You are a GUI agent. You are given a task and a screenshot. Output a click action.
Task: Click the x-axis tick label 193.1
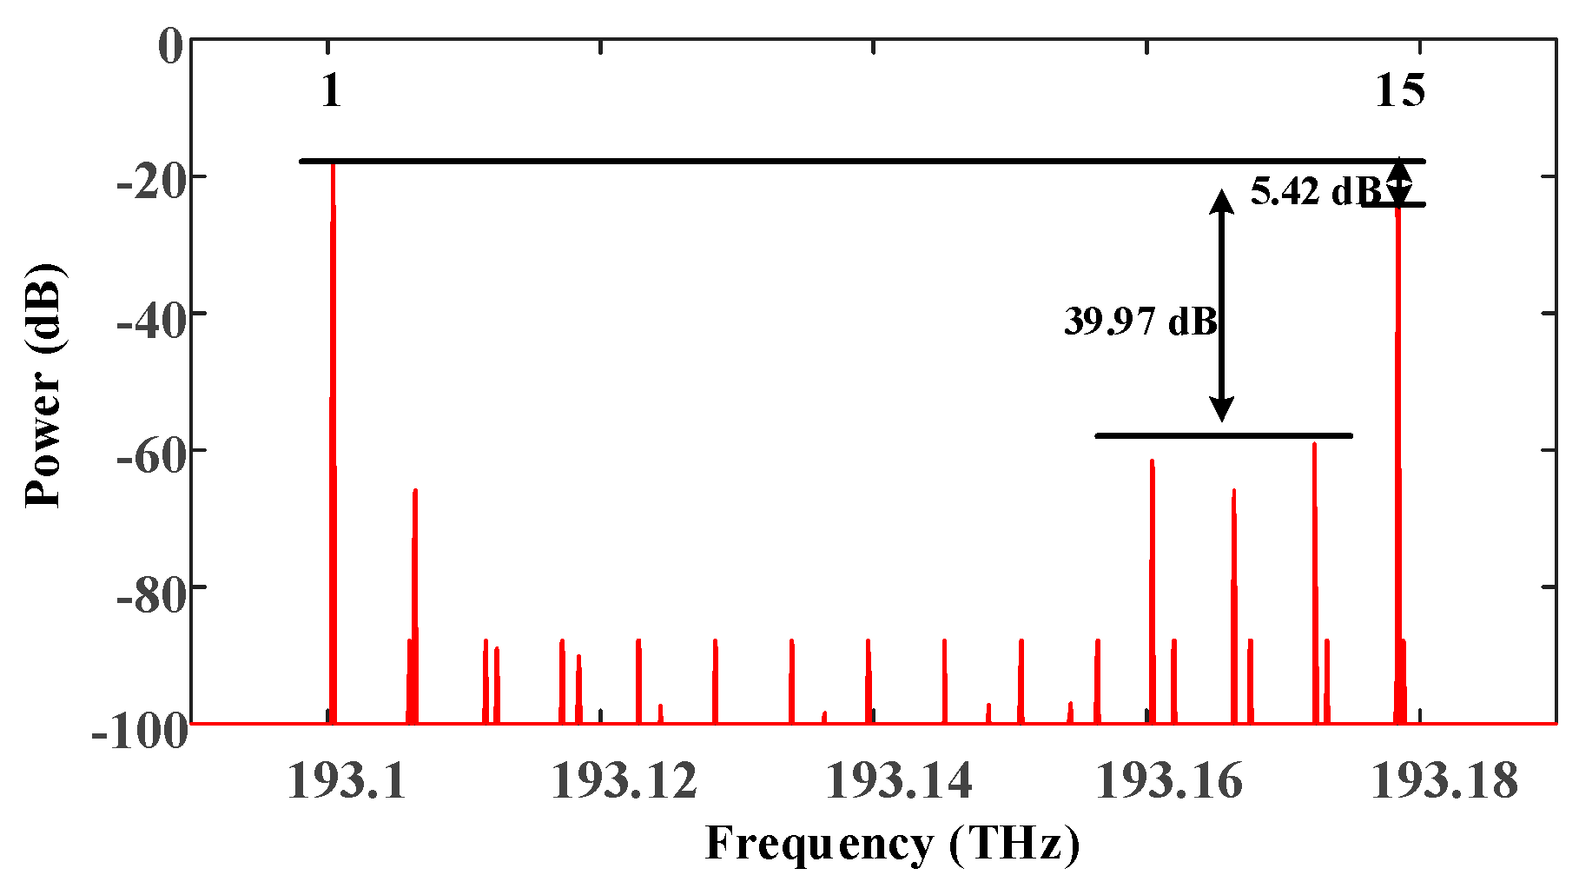[x=347, y=780]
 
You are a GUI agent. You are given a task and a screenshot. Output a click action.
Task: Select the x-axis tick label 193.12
[x=624, y=780]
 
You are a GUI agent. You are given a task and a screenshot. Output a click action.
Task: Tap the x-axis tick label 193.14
[x=898, y=780]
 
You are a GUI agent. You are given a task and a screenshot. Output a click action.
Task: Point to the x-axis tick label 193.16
[x=1169, y=780]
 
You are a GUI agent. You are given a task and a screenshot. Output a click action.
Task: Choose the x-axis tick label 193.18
[x=1444, y=780]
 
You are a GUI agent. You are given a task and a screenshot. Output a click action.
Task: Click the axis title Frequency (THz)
[x=893, y=843]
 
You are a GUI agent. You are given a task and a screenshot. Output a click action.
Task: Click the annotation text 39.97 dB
[x=1140, y=322]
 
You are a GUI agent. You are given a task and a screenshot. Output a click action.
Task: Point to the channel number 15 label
[x=1399, y=90]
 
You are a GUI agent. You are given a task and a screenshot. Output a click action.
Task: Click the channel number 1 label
[x=331, y=90]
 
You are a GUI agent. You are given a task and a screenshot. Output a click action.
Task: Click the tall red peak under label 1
[x=333, y=434]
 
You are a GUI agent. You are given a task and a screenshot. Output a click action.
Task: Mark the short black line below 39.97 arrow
[x=1223, y=435]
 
